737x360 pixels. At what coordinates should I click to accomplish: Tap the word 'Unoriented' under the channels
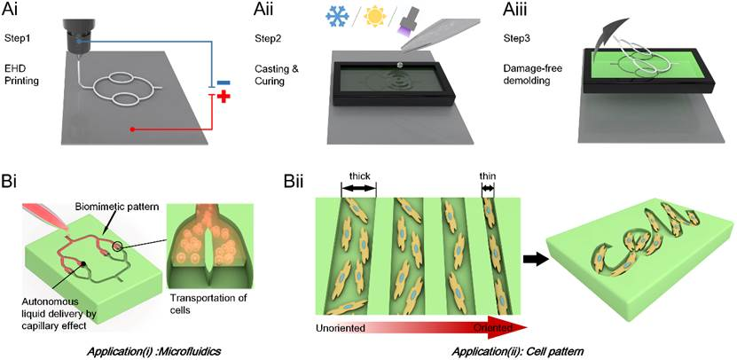point(342,329)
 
